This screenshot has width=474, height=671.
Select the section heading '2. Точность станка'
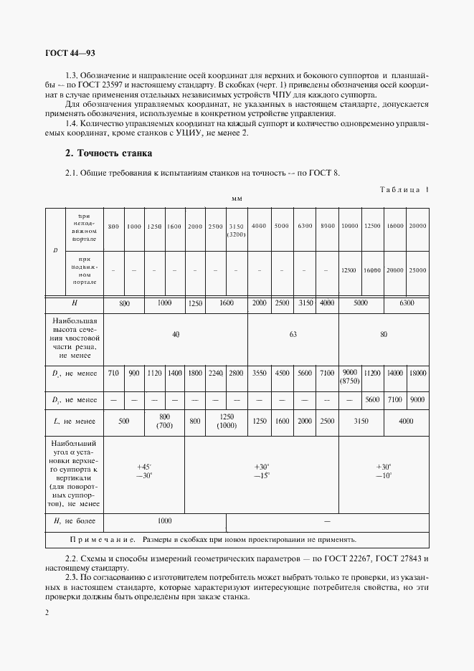pyautogui.click(x=108, y=153)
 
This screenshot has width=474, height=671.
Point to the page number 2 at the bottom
pyautogui.click(x=47, y=612)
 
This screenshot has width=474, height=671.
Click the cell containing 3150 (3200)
pyautogui.click(x=236, y=230)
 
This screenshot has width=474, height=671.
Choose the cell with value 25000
pyautogui.click(x=417, y=270)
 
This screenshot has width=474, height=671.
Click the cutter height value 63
pyautogui.click(x=293, y=334)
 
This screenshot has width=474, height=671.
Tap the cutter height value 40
pyautogui.click(x=176, y=334)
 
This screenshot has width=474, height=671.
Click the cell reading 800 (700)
pyautogui.click(x=164, y=422)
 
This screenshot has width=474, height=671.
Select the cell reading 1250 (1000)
pyautogui.click(x=227, y=422)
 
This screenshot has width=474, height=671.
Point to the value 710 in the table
pyautogui.click(x=113, y=373)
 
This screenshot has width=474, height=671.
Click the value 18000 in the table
pyautogui.click(x=417, y=373)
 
